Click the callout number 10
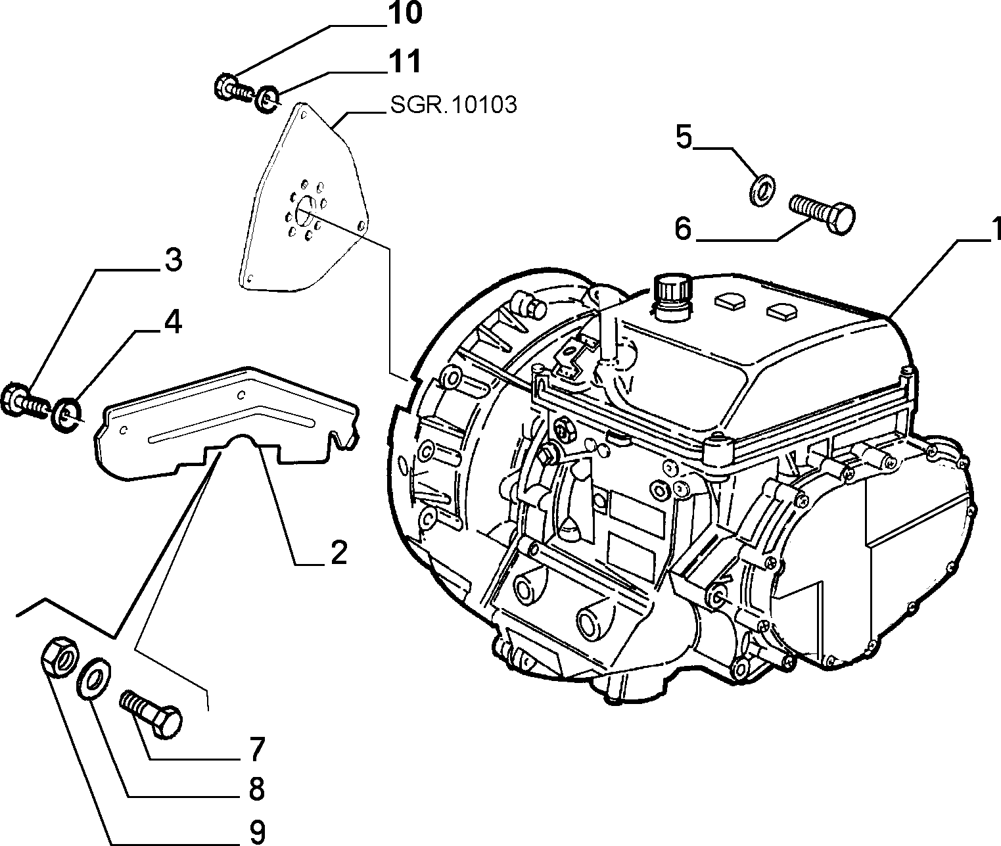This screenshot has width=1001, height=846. coord(405,13)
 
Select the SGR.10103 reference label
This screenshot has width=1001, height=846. coord(454,105)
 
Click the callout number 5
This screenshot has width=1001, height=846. coord(684,137)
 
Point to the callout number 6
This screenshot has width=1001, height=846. coord(683,228)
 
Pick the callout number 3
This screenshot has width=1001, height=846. coord(174,260)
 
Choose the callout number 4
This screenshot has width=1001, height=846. coord(173,322)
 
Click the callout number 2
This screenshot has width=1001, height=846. coord(338,553)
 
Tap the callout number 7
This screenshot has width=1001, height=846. coord(257,750)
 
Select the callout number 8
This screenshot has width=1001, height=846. coord(257,789)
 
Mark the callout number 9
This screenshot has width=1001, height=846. coord(257,833)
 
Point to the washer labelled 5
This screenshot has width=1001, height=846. coord(762,191)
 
